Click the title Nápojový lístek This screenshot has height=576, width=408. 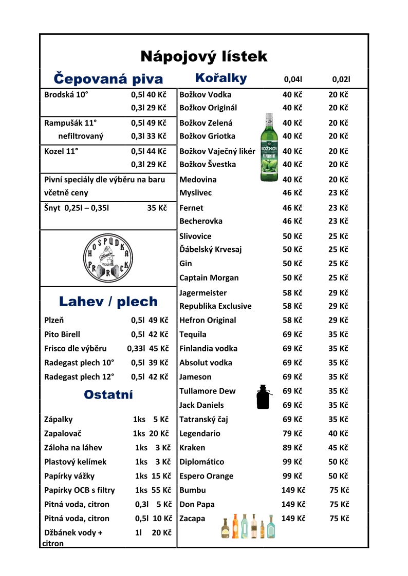point(204,56)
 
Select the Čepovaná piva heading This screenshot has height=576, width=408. point(108,79)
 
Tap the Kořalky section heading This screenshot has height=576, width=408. point(221,78)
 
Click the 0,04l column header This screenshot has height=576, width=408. point(293,80)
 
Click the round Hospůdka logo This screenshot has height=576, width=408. point(108,258)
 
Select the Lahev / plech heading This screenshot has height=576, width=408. point(108,301)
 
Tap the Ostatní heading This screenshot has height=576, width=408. point(108,394)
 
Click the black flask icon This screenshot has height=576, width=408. point(264,397)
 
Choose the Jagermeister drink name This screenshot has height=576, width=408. point(203,293)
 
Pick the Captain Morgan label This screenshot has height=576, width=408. point(209,277)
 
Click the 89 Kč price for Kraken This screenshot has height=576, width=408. point(292,447)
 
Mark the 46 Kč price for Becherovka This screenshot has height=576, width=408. point(292,221)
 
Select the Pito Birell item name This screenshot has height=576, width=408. point(62,334)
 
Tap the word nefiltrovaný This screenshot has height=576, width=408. point(81,136)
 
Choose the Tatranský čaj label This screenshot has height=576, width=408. point(203,419)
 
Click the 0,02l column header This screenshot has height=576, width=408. point(341,80)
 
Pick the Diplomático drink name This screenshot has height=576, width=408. point(201,462)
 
